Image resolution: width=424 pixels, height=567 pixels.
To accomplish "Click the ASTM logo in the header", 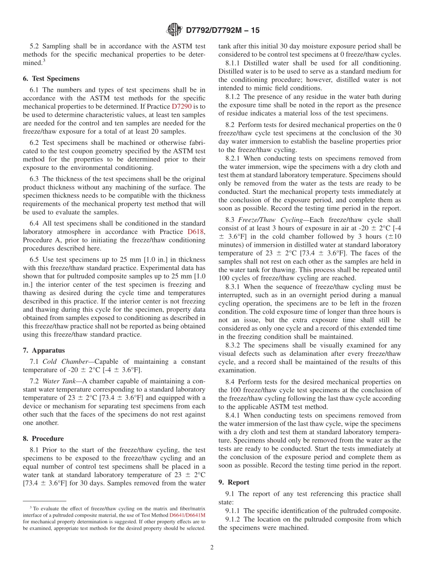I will [x=174, y=30].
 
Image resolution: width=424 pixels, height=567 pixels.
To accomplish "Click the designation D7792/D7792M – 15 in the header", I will [x=222, y=30].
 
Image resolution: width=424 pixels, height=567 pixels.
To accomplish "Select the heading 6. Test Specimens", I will [x=51, y=78].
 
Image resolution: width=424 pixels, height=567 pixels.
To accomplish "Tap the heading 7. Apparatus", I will [x=43, y=350].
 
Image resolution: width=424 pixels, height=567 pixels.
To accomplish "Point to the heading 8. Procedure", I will [x=43, y=439].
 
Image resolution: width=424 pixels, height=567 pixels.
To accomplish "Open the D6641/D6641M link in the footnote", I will [x=171, y=514].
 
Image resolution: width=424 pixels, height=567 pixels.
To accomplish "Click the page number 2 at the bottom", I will [x=212, y=547].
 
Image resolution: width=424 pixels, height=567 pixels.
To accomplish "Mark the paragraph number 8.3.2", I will [x=233, y=345].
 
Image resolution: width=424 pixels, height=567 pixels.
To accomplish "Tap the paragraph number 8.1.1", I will [x=233, y=63].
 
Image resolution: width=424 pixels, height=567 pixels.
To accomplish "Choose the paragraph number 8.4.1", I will [x=233, y=415].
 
